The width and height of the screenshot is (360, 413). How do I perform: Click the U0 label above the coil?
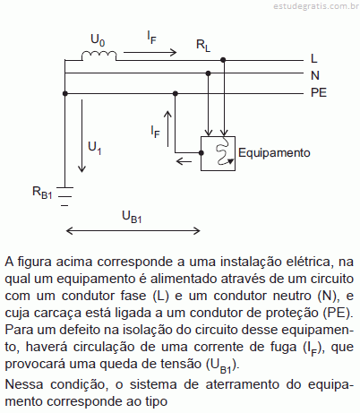pos(98,40)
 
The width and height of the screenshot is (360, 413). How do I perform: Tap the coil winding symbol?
pos(99,56)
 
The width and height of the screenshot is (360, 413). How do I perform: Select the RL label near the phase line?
pos(203,46)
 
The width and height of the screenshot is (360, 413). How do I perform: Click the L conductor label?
pos(313,58)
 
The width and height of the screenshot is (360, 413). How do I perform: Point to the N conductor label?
pos(315,75)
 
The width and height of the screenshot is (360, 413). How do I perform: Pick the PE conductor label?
pos(319,92)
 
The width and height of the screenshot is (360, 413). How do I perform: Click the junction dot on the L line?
pos(223,60)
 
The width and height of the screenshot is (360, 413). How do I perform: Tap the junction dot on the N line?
pos(209,73)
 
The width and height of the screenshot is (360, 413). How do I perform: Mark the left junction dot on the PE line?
pos(65,93)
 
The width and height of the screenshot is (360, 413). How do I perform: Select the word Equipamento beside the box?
pos(274,153)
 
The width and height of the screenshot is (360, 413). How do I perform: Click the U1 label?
pos(95,148)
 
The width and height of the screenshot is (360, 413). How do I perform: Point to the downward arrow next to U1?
pos(81,136)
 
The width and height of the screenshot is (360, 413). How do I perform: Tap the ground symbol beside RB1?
pos(64,196)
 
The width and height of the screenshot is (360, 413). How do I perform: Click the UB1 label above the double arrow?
pos(132,217)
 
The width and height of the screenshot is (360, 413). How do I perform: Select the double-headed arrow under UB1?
pos(133,230)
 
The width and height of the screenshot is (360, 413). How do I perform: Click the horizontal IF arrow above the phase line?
pos(150,53)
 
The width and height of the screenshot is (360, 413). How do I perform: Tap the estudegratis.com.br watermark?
pos(316,6)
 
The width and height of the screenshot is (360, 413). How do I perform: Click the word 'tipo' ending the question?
pos(156,401)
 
